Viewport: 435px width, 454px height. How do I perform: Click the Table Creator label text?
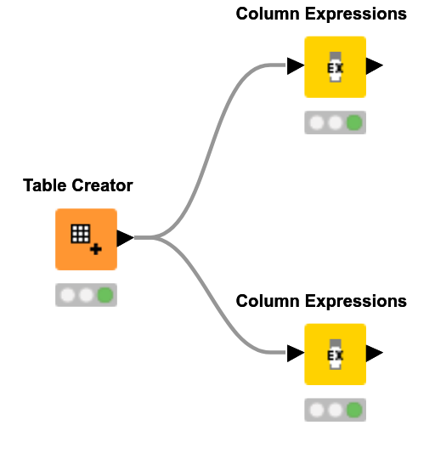pos(77,185)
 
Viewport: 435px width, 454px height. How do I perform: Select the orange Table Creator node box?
pos(86,239)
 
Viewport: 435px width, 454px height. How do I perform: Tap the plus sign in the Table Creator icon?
pos(96,249)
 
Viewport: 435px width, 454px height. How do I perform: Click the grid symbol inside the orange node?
pos(80,233)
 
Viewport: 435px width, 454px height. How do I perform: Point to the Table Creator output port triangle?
pos(124,238)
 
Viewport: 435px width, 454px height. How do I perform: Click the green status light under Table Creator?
pos(105,295)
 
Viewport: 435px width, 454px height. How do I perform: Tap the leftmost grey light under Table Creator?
pos(67,295)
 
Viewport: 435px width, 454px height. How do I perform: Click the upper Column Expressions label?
pos(320,14)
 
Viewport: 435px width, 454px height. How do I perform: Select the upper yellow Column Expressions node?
pos(335,66)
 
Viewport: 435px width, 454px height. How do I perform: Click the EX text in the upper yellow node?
pos(335,67)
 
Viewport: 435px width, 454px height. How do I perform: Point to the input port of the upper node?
pos(295,66)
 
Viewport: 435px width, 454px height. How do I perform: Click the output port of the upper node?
pos(374,66)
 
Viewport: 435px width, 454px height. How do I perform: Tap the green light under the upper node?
pos(354,123)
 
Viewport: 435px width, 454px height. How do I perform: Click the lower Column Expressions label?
pos(320,302)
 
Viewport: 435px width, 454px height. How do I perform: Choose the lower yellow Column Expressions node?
pos(335,354)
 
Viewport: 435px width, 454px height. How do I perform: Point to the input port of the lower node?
pos(295,353)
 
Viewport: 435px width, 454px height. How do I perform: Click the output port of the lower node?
pos(374,353)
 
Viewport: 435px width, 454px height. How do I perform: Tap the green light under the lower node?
pos(354,411)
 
